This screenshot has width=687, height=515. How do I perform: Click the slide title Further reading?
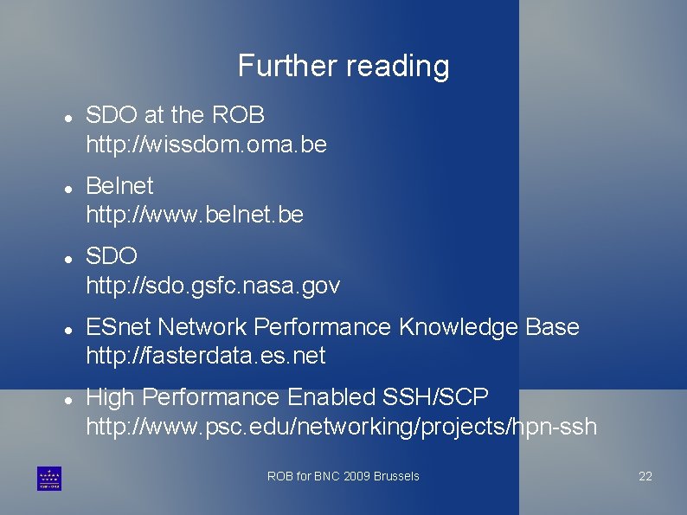click(x=343, y=66)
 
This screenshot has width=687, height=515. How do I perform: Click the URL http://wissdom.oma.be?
click(x=206, y=144)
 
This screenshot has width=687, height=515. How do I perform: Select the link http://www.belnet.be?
click(x=195, y=214)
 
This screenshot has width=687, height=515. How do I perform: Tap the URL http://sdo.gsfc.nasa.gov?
click(x=213, y=285)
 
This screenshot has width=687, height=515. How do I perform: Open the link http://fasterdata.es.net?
click(x=206, y=355)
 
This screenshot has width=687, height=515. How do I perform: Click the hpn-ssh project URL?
click(x=341, y=426)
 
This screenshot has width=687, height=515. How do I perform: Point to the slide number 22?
click(x=645, y=476)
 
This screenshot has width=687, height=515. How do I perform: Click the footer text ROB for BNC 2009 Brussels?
click(x=343, y=476)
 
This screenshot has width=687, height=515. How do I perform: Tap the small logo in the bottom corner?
click(x=49, y=478)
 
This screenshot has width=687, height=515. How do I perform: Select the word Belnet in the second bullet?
click(x=119, y=185)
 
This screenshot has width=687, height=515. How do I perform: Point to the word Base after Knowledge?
click(x=552, y=327)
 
